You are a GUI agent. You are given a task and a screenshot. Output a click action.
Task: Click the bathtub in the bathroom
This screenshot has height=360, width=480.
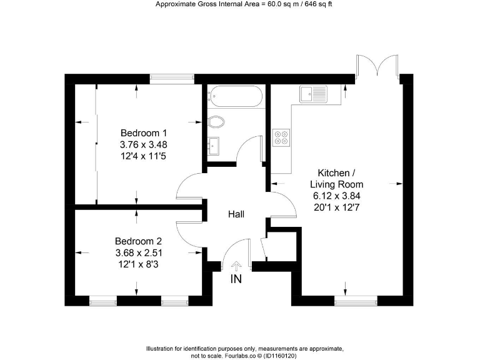click(235, 96)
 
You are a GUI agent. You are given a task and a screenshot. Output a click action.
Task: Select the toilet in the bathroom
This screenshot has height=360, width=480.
click(216, 121)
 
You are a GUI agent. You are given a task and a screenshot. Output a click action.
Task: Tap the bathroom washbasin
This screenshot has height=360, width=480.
click(214, 146)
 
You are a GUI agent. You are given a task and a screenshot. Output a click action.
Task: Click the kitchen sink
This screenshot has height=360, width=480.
click(313, 94)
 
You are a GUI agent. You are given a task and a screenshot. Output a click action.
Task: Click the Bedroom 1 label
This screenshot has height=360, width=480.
click(144, 132)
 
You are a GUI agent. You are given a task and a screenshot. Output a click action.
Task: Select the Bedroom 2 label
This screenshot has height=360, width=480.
click(138, 241)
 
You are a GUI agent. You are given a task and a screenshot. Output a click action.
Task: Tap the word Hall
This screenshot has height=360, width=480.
click(236, 214)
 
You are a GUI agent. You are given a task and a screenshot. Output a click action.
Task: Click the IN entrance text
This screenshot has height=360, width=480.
click(236, 279)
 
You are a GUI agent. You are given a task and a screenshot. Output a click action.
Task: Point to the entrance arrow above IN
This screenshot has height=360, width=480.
click(236, 266)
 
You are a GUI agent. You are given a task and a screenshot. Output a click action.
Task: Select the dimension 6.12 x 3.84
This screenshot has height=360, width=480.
click(337, 196)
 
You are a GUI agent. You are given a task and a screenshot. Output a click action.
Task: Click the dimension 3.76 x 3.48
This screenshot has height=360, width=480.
click(144, 144)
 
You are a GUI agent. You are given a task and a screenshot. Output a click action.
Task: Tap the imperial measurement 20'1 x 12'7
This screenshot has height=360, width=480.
click(337, 207)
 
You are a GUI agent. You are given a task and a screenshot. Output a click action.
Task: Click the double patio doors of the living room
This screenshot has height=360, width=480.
click(377, 67)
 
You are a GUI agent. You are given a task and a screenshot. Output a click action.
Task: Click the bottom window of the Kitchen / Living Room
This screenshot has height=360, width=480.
click(356, 301)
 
